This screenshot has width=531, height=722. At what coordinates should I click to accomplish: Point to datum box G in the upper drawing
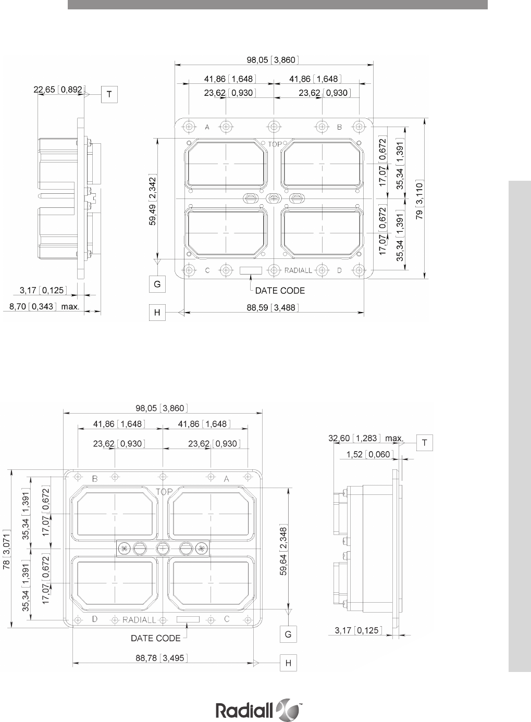point(157,284)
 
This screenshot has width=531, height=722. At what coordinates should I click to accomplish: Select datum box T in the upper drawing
point(109,94)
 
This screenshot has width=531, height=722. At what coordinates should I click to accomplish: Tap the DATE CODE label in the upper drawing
point(280,291)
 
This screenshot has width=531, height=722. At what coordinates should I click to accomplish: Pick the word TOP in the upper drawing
point(275,144)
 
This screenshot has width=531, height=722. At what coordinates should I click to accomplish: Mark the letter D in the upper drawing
point(339,270)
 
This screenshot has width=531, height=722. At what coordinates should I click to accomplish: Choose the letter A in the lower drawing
point(226,479)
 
